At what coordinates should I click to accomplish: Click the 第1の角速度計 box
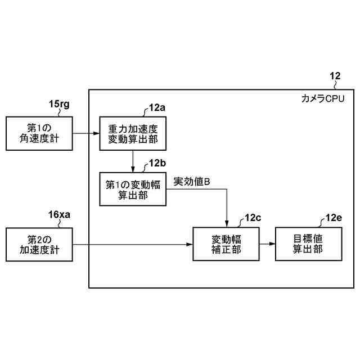[x=39, y=133]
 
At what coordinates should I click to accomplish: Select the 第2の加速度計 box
[x=39, y=244]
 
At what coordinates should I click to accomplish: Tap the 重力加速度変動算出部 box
[x=133, y=133]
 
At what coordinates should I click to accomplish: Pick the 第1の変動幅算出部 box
[x=133, y=188]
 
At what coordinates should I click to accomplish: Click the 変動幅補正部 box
[x=226, y=244]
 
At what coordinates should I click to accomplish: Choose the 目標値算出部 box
[x=308, y=244]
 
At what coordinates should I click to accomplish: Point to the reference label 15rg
[x=59, y=104]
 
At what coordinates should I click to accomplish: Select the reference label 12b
[x=157, y=163]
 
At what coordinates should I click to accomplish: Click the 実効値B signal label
[x=191, y=181]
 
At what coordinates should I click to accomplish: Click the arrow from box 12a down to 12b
[x=133, y=161]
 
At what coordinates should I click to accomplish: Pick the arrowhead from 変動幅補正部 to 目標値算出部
[x=272, y=244]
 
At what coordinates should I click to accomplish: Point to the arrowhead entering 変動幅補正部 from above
[x=226, y=224]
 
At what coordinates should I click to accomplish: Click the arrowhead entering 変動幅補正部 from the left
[x=190, y=244]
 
